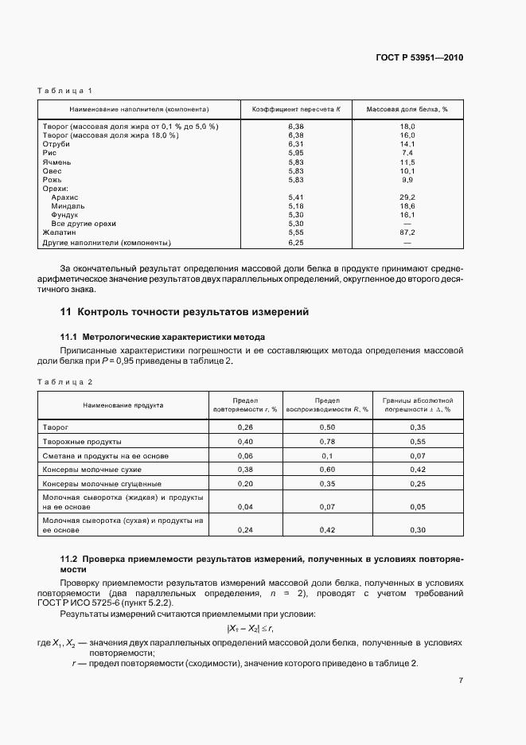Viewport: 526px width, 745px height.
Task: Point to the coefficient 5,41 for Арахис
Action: tap(296, 197)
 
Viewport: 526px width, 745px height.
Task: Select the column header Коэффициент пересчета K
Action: tap(295, 109)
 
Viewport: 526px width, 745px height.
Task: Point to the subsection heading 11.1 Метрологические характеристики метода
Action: tap(163, 337)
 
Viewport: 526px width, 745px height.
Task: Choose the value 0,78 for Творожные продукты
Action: tap(326, 441)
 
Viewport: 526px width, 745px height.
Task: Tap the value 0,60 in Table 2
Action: tap(326, 470)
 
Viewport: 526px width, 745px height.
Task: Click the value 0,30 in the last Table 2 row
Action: tap(417, 529)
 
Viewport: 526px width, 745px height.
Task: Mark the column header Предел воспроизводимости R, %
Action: tap(326, 405)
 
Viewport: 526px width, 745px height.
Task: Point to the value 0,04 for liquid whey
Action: tap(245, 506)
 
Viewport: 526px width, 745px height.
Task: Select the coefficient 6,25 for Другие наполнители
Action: tap(296, 241)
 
